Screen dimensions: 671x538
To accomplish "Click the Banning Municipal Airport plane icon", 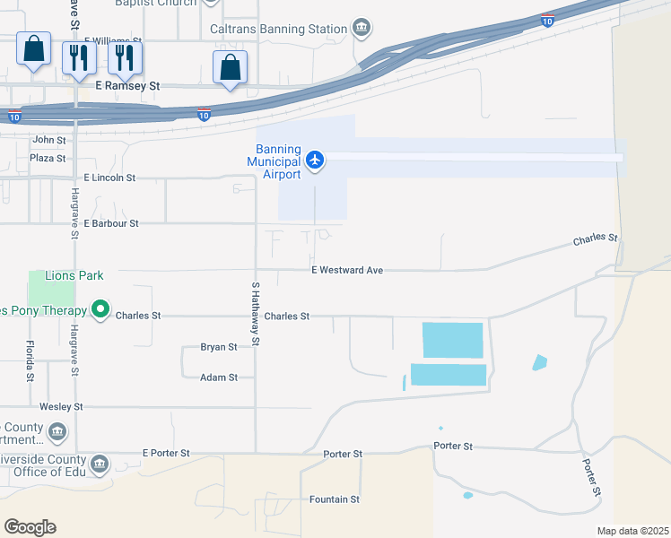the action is pos(314,161).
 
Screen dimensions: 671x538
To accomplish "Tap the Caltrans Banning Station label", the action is pos(278,29).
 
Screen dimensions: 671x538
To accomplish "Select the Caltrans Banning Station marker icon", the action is pos(361,29).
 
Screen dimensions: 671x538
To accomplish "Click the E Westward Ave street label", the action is pos(347,270).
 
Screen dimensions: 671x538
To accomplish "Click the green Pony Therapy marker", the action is pos(100,311).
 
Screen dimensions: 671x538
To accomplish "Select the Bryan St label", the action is pos(219,347).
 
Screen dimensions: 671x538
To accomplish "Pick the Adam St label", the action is pos(219,377).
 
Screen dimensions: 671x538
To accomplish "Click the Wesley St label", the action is pos(61,407).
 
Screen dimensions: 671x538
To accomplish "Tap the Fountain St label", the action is pos(334,499).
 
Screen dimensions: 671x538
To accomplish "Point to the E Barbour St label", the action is pos(111,223).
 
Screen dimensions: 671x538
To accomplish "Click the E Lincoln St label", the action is pos(109,178).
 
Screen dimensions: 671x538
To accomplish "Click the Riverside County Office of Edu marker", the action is pos(100,464).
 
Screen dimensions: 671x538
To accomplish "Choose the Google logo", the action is pos(30,527).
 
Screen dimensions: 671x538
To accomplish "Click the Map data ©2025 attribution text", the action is pos(632,531).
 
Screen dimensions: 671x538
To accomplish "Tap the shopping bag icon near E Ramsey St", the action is pos(230,67).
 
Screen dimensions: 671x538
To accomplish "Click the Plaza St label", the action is pos(48,159).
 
